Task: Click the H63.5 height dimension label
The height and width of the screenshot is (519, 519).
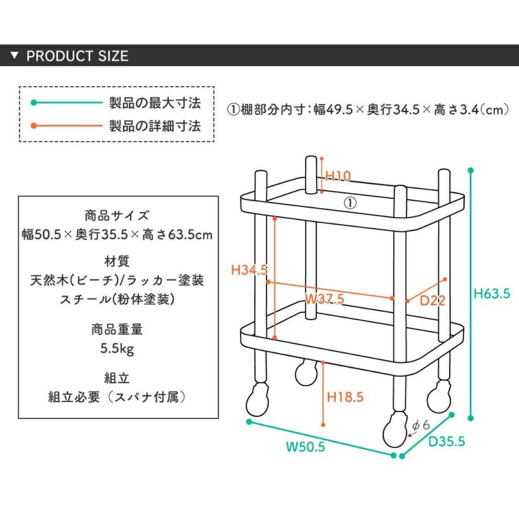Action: pyautogui.click(x=492, y=294)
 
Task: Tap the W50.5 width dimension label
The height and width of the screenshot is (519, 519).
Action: pyautogui.click(x=305, y=446)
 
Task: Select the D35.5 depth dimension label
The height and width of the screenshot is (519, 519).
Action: pyautogui.click(x=446, y=441)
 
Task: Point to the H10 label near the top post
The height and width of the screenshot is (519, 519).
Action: pyautogui.click(x=338, y=176)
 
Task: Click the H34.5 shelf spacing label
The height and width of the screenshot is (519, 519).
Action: pyautogui.click(x=249, y=270)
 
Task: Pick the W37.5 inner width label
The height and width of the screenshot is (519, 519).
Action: pyautogui.click(x=324, y=298)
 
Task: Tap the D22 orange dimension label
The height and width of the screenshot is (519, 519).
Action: pyautogui.click(x=432, y=300)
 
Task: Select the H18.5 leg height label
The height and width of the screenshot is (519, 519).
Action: pyautogui.click(x=345, y=397)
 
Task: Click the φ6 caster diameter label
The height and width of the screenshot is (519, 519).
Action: pyautogui.click(x=421, y=426)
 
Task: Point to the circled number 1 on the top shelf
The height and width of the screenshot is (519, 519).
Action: pyautogui.click(x=350, y=202)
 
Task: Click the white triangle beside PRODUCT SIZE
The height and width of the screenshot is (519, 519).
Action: pyautogui.click(x=15, y=56)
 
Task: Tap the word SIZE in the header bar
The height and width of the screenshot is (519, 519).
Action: pyautogui.click(x=113, y=56)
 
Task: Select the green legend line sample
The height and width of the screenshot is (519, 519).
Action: pyautogui.click(x=67, y=103)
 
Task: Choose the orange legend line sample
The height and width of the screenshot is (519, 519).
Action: pyautogui.click(x=67, y=126)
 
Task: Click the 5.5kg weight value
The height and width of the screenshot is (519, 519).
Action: pyautogui.click(x=117, y=348)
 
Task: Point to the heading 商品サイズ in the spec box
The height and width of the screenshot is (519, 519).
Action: pyautogui.click(x=117, y=215)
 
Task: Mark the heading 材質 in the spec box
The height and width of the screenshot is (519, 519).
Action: pyautogui.click(x=117, y=261)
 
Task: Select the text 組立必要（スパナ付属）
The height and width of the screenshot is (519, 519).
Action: pyautogui.click(x=117, y=397)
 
